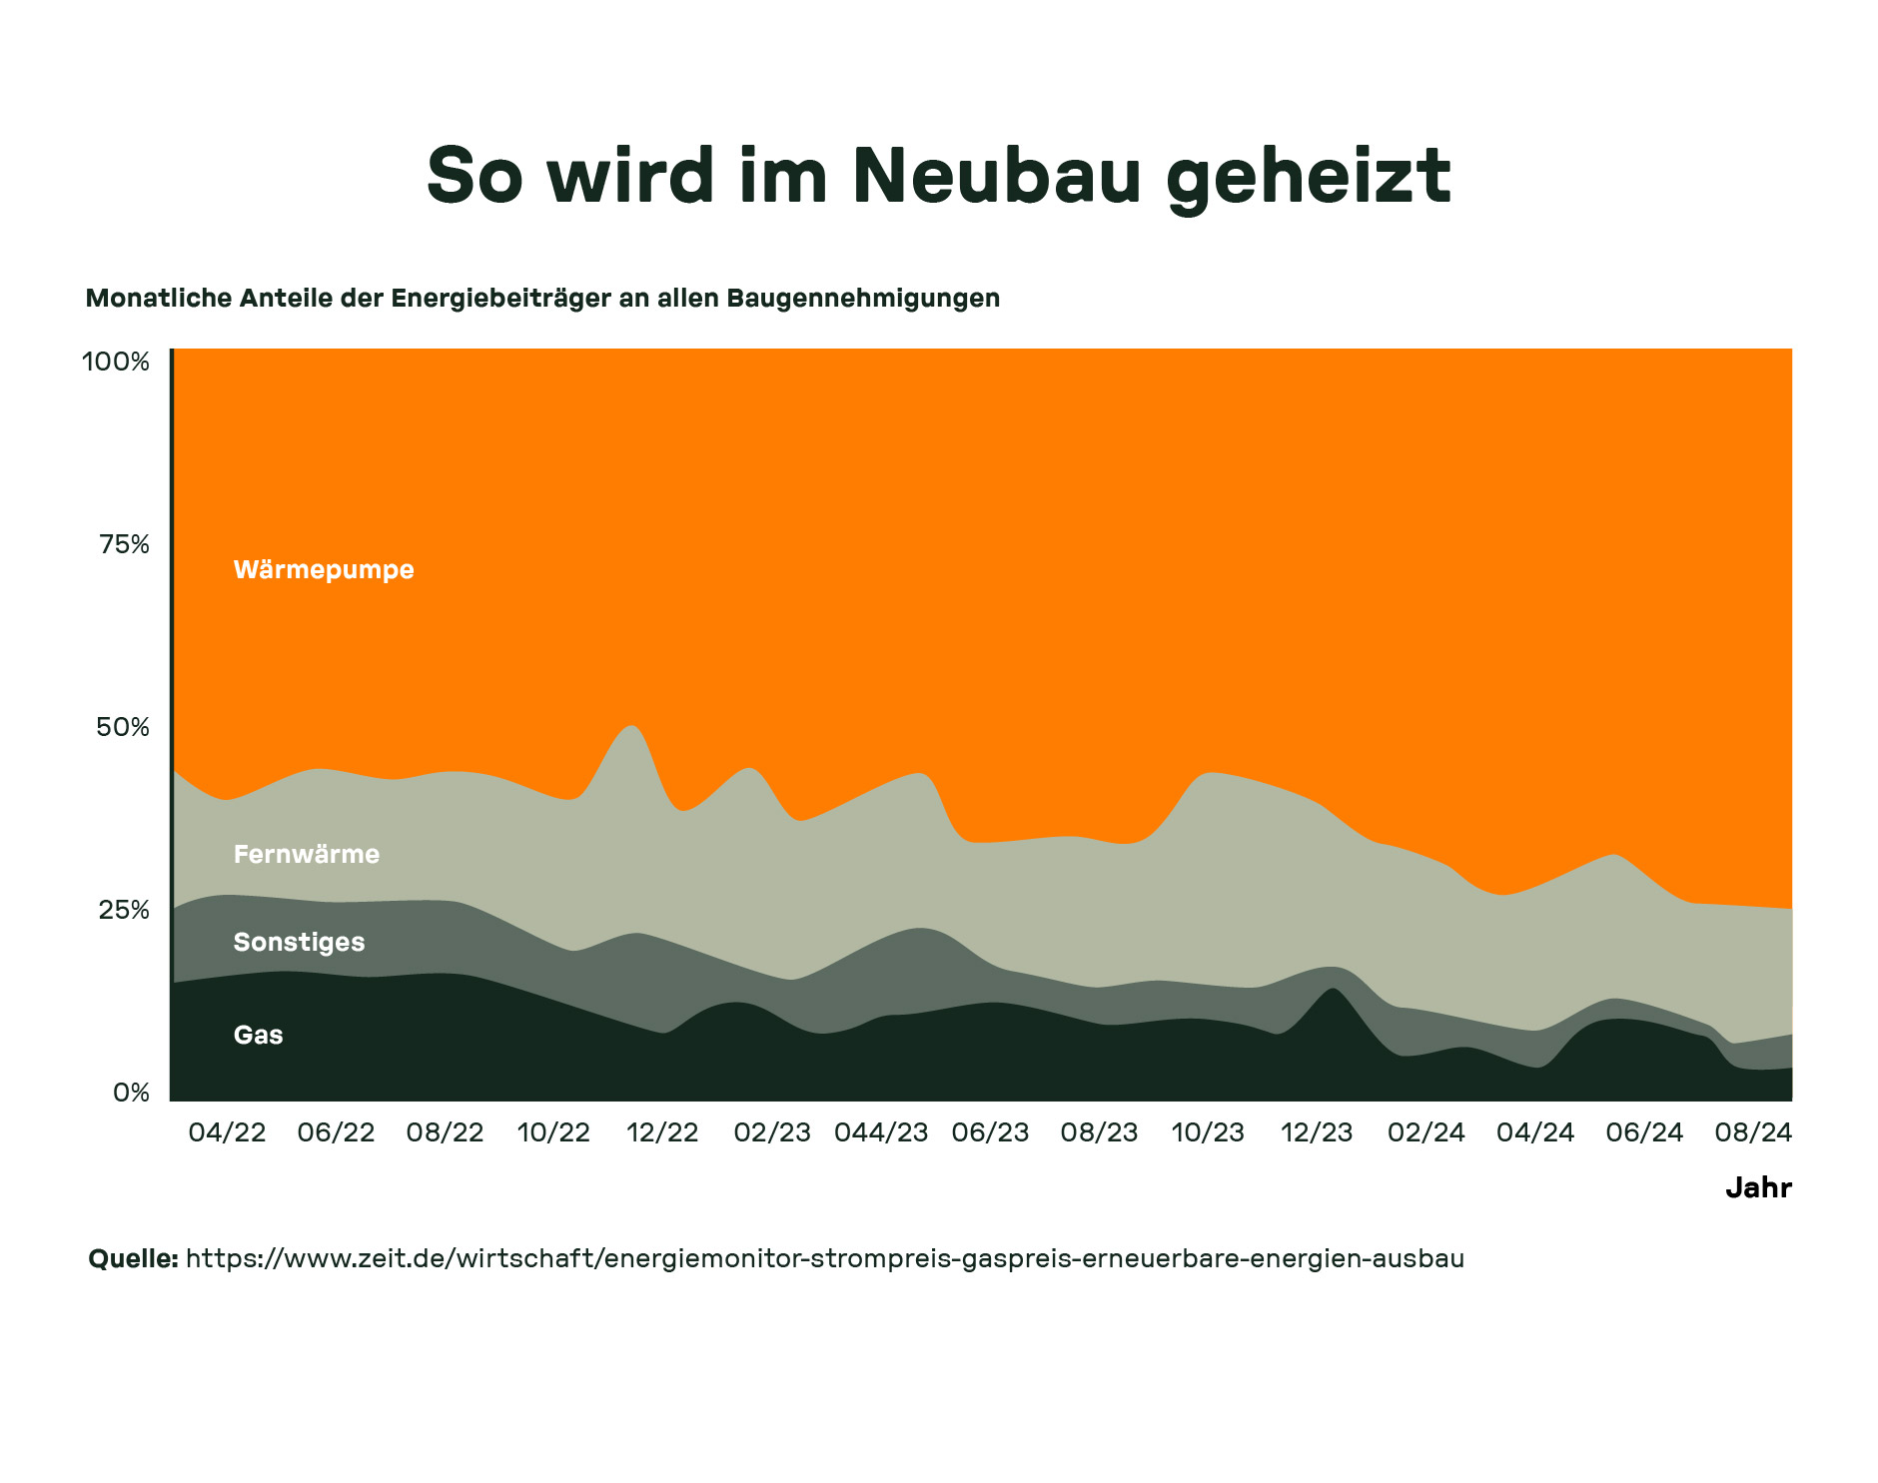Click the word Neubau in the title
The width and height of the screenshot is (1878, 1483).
[x=996, y=176]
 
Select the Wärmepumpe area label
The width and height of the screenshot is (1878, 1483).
[x=324, y=569]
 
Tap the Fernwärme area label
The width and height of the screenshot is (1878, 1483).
[x=307, y=854]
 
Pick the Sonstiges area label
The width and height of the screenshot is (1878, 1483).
[x=299, y=942]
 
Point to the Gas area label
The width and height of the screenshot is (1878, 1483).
[x=258, y=1035]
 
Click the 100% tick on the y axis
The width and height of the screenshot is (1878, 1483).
[x=116, y=362]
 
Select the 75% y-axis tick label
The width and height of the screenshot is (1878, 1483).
[x=124, y=544]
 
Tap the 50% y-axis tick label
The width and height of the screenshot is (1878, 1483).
[x=123, y=727]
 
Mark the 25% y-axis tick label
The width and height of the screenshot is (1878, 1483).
[x=124, y=910]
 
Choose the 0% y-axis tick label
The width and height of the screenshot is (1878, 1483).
[x=131, y=1093]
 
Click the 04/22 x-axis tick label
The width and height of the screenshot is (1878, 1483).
[x=227, y=1132]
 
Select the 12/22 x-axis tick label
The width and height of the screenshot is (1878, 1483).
[x=662, y=1132]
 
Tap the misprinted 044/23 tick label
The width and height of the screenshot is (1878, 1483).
[x=881, y=1132]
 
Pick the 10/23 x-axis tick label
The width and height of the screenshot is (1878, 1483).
[x=1208, y=1132]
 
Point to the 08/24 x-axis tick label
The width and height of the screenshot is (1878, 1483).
[x=1753, y=1132]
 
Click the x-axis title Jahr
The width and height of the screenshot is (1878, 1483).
[x=1758, y=1187]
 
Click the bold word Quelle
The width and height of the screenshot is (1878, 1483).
[x=133, y=1258]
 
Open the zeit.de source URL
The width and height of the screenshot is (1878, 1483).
[x=824, y=1258]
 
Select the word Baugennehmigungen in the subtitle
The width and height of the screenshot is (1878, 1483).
[x=863, y=298]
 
